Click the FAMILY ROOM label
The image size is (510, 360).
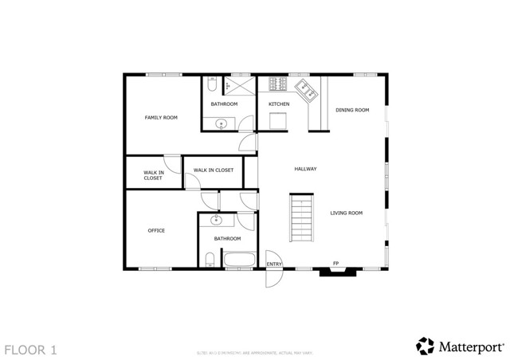(161, 118)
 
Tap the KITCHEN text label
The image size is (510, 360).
(278, 104)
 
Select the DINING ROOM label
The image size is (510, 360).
(352, 110)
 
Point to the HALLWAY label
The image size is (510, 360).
(305, 169)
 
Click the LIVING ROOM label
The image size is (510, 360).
(347, 213)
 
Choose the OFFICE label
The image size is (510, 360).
(156, 231)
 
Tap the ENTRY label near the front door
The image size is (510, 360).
(274, 264)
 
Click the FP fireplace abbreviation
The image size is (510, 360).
(335, 264)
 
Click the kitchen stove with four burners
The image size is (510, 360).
(279, 84)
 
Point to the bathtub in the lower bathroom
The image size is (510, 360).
(238, 259)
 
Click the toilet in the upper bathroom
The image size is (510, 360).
(211, 84)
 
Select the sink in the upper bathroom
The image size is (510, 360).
(221, 123)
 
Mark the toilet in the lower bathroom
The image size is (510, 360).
(210, 259)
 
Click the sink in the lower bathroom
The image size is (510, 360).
(215, 221)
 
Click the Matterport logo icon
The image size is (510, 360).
(425, 346)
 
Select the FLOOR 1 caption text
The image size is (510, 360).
(30, 349)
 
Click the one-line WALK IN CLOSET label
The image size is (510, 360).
(213, 170)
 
